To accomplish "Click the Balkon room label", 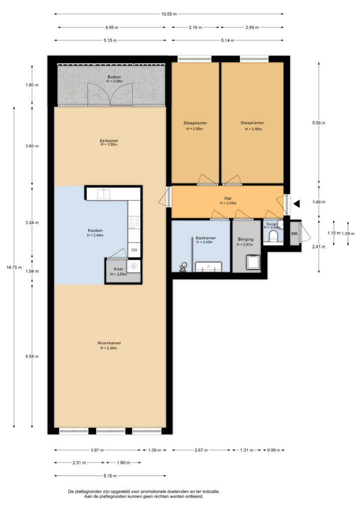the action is pos(114,77).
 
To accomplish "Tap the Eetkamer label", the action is pos(109,141).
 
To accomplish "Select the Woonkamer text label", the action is pos(109,343).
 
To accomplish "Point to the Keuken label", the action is pos(95,231).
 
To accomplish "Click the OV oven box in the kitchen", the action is pos(134,250).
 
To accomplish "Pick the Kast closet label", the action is pos(119,269).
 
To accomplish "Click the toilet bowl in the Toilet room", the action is pos(273,236).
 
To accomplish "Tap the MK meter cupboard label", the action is pos(295,234).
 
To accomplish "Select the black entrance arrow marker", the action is pos(296,204).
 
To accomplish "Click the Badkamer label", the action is pos(206,238).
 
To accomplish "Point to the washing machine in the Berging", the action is pos(253,261).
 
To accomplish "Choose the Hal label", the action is pos(228,198).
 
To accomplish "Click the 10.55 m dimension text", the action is pos(169,14).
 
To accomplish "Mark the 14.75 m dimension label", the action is pos(14,267).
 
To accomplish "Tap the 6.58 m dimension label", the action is pos(32,356).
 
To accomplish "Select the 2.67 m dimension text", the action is pos(201,450).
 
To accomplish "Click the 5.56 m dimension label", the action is pos(319,123).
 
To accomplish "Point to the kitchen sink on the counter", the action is pos(104,193).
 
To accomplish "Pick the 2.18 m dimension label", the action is pos(195,27).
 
